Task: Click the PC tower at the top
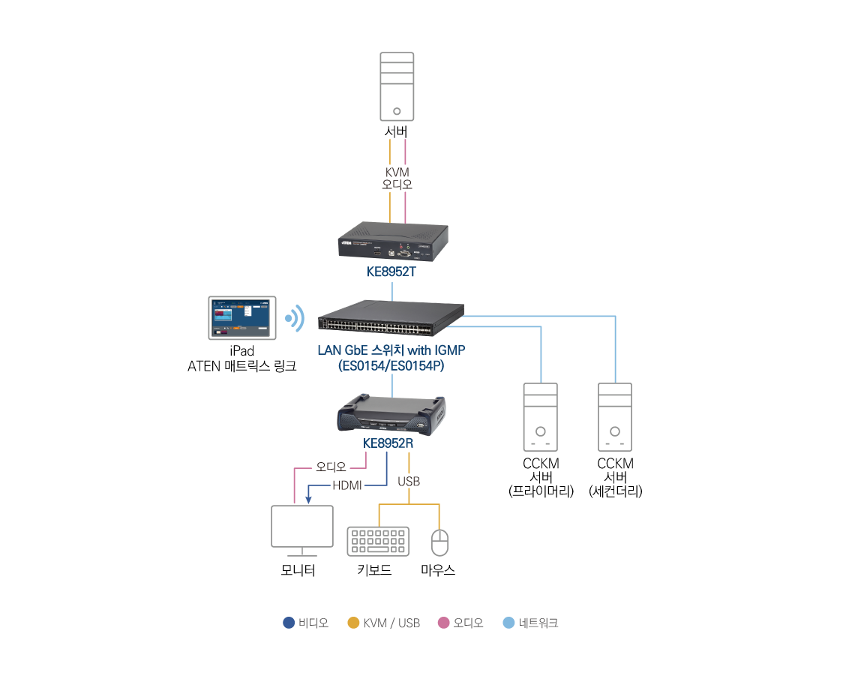coord(397,86)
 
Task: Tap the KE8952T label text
coord(391,272)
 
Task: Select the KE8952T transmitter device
coord(393,241)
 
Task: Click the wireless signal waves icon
coord(295,319)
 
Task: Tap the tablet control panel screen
coord(242,318)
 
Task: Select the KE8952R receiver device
coord(391,415)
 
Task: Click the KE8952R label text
coord(388,443)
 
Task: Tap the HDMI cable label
coord(347,485)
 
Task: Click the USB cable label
coord(409,481)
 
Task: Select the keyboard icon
coord(378,541)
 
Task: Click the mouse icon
coord(439,542)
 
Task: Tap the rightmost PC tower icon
coord(615,417)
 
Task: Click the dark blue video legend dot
coord(289,623)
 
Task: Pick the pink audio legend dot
coord(443,623)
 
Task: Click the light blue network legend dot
coord(508,623)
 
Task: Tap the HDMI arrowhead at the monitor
coord(308,499)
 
